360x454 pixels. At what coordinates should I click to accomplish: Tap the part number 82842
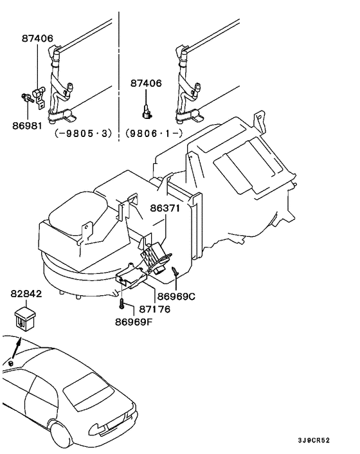tap(26, 293)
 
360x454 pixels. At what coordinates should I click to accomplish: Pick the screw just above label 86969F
tap(121, 300)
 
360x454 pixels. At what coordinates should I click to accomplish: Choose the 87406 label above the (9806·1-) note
tap(146, 84)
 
